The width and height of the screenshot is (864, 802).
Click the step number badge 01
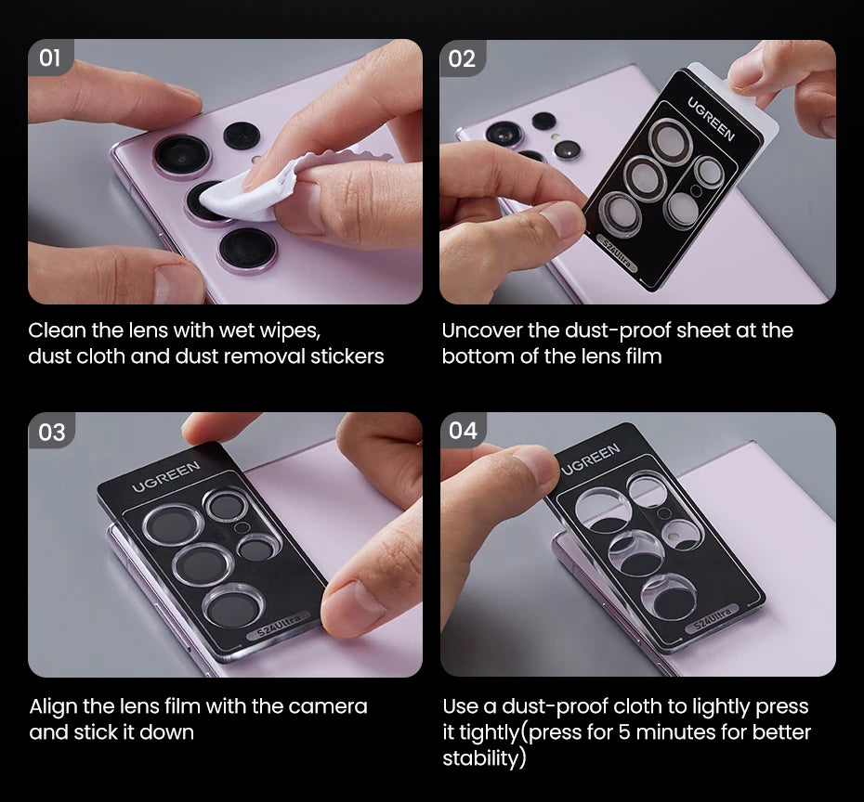tap(50, 58)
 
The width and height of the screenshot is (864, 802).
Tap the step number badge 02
tap(462, 58)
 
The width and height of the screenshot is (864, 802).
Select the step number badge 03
tap(51, 432)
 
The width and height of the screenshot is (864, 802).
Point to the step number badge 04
tap(463, 431)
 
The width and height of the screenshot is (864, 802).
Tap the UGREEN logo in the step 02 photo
tap(711, 118)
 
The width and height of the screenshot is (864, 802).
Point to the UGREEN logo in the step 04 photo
tap(591, 459)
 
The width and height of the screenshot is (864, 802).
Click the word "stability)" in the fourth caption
tap(484, 758)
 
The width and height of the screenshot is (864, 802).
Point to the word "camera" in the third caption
tap(328, 706)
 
